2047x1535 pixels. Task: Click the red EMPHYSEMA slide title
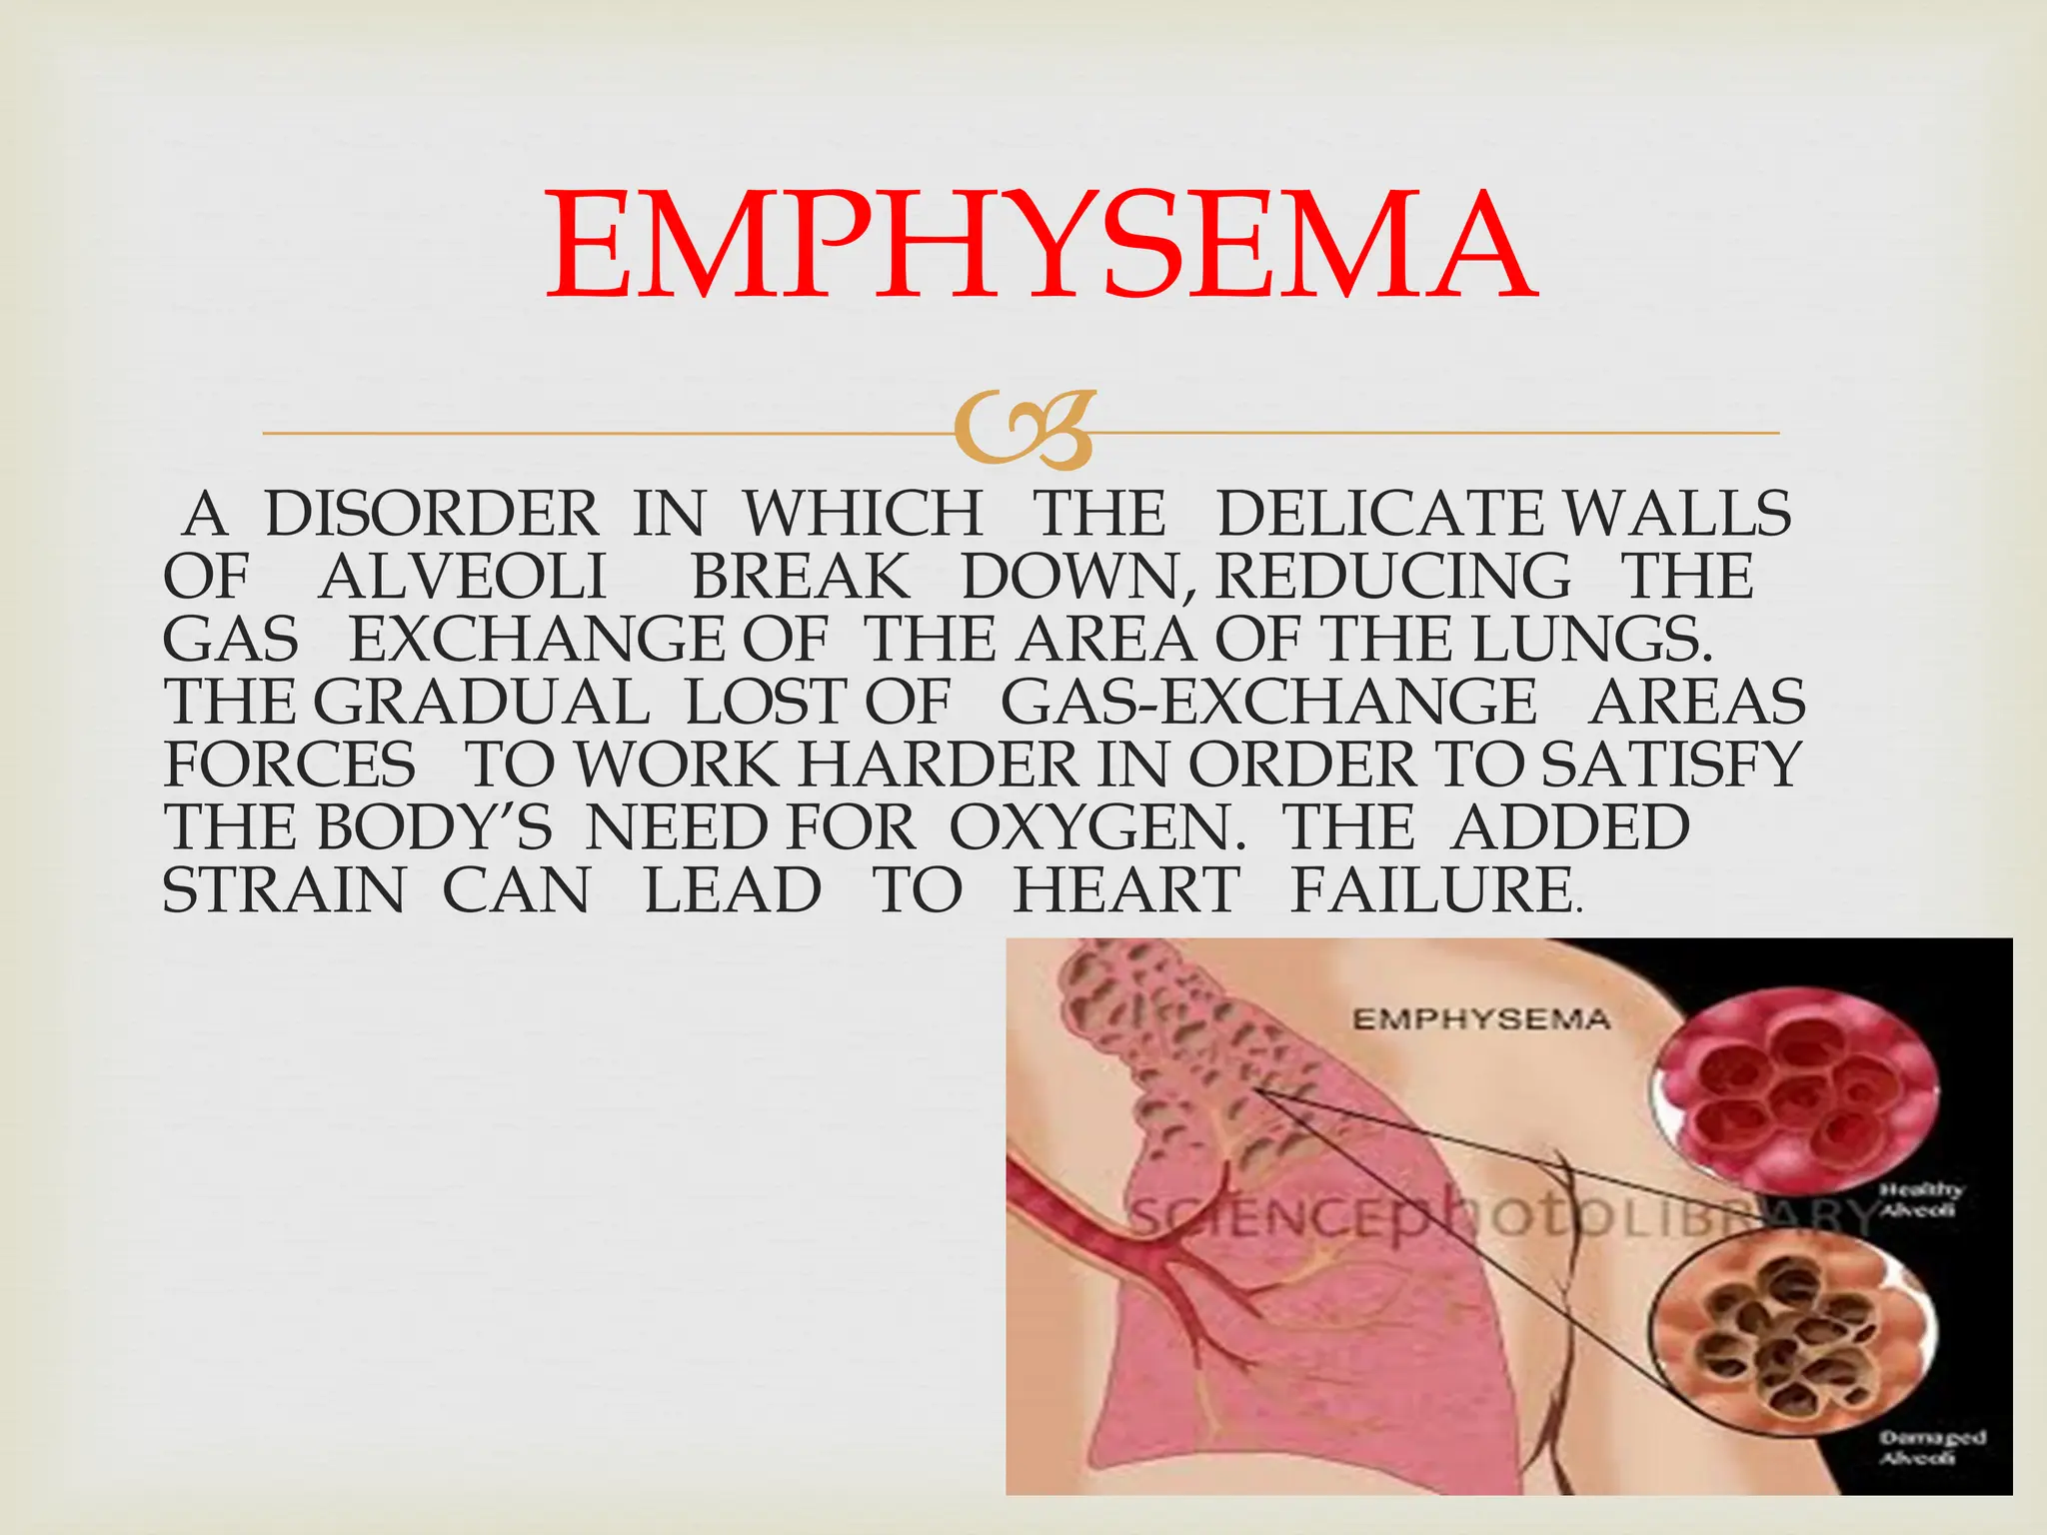tap(1039, 247)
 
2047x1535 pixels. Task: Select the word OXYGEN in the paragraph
tap(1096, 828)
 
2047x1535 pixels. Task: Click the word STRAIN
tap(284, 891)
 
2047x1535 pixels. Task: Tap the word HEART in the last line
tap(1126, 891)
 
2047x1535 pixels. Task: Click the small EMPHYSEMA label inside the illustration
tap(1481, 1019)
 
